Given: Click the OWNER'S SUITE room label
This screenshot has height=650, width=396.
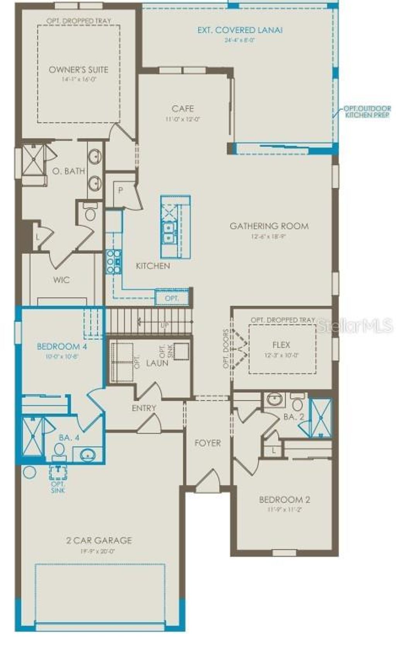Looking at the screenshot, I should (79, 70).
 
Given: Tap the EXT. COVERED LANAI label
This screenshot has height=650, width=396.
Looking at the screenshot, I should (240, 30).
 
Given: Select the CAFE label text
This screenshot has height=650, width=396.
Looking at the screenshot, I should (183, 109).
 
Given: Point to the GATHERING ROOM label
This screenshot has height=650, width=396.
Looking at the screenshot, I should (269, 226).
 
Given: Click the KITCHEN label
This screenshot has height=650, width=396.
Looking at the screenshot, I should (153, 266).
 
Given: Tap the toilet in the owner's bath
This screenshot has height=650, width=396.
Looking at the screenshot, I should (90, 213).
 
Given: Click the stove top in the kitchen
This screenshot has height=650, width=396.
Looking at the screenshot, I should (114, 262).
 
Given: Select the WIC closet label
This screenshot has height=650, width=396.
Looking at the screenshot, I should (61, 279).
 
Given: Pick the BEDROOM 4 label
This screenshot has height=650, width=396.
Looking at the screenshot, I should (62, 346).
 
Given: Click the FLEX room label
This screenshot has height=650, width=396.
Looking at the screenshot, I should (281, 344).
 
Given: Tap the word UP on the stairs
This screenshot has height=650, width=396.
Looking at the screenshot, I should (165, 325).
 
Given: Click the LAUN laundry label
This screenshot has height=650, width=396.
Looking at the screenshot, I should (157, 363).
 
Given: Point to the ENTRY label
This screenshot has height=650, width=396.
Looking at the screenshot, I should (144, 408).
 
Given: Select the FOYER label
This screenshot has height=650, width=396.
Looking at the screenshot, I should (208, 443).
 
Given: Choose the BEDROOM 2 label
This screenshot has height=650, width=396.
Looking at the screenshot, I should (284, 500).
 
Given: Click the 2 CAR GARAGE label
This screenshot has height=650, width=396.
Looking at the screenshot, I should (99, 540).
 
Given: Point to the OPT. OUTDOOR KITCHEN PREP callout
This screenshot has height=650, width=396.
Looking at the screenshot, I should (367, 112).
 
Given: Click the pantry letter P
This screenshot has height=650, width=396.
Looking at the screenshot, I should (121, 190).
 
